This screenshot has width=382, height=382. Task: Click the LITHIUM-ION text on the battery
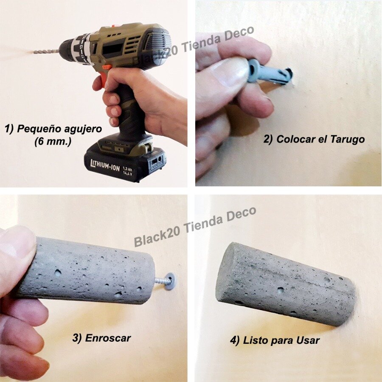click(x=105, y=166)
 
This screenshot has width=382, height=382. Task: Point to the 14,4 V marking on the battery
click(x=127, y=173)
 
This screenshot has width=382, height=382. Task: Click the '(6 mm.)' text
click(x=53, y=141)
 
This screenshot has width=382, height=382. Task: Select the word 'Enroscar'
click(x=108, y=338)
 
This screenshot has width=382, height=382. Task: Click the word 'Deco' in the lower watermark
click(x=241, y=214)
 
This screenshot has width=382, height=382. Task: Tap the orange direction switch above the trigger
click(x=107, y=67)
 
